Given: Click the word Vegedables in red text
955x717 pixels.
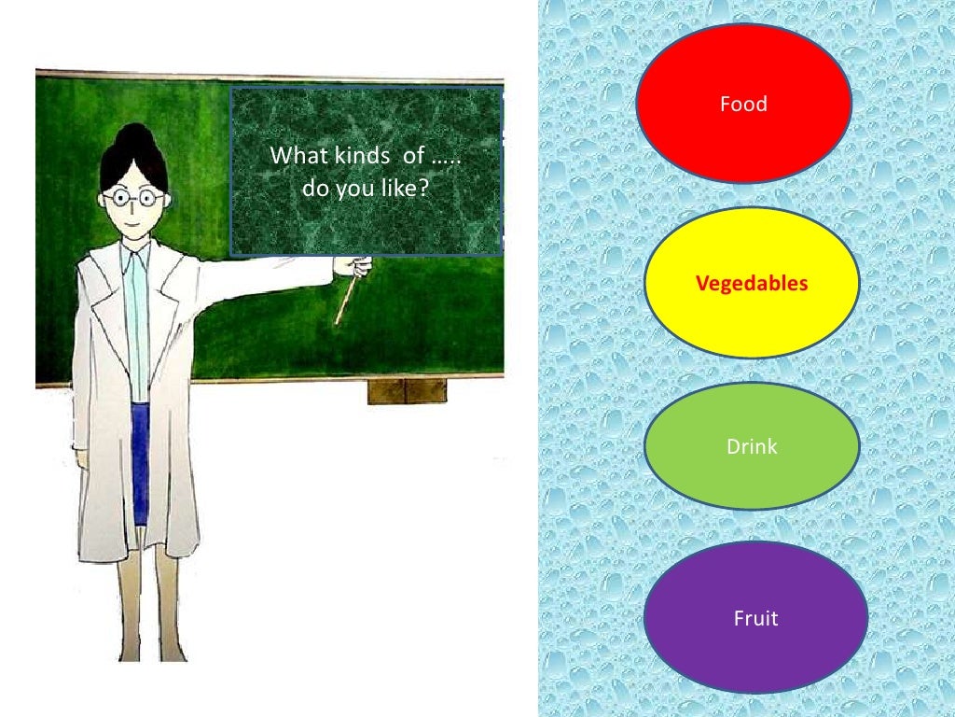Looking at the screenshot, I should (752, 283).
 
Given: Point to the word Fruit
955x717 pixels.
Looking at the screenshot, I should (755, 618).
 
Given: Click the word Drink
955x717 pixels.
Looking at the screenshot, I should (752, 447).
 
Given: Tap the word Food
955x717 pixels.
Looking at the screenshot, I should (743, 104).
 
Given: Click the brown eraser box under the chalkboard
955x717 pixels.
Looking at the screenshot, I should (407, 390).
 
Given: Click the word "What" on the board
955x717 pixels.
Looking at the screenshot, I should (294, 156).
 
